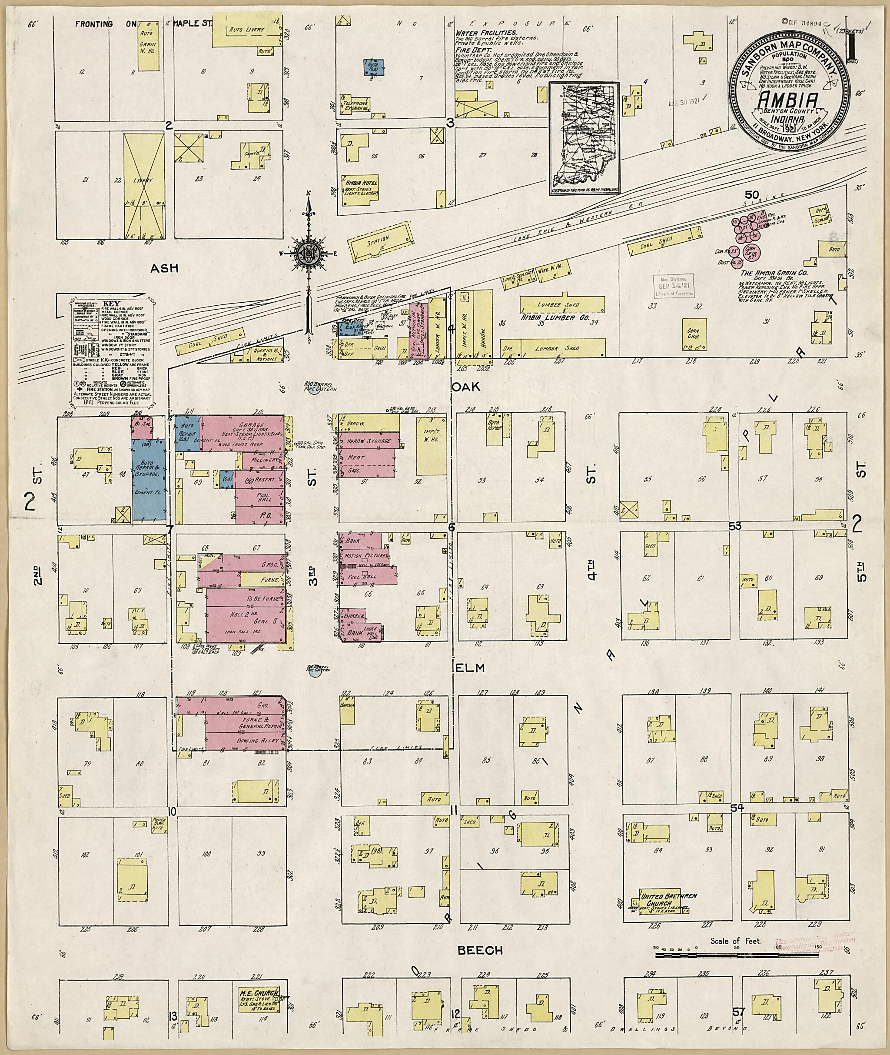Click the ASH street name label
pos(164,269)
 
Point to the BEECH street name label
pos(480,951)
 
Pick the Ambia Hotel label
pos(361,182)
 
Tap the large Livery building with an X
pos(144,186)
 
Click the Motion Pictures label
pos(362,556)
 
